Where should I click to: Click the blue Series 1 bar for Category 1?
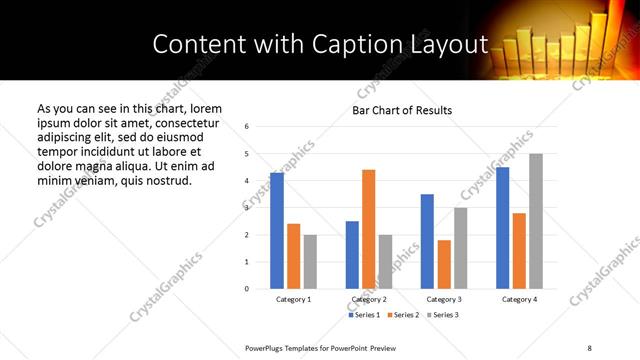point(277,231)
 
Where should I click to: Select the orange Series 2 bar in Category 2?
point(368,229)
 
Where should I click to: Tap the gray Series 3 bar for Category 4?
point(536,221)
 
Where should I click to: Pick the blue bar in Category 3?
point(427,241)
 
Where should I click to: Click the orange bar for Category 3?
point(444,264)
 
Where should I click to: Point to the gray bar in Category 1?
point(310,262)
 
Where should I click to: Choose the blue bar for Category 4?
point(502,228)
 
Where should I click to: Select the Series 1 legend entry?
point(364,315)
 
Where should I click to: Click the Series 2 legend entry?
point(405,315)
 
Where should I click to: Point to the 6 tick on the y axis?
point(247,127)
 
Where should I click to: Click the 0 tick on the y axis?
point(247,289)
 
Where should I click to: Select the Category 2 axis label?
point(369,299)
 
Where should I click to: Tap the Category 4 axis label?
point(519,299)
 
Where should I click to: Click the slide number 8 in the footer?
point(589,347)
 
